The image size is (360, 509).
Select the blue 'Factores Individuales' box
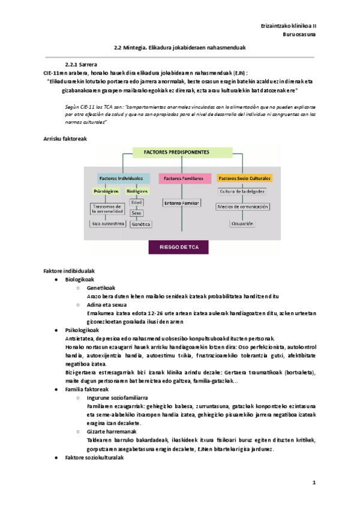tap(120, 178)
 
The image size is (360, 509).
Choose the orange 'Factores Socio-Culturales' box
tap(244, 178)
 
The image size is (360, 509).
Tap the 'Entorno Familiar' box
tap(181, 203)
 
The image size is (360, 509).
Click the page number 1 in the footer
tap(313, 483)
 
